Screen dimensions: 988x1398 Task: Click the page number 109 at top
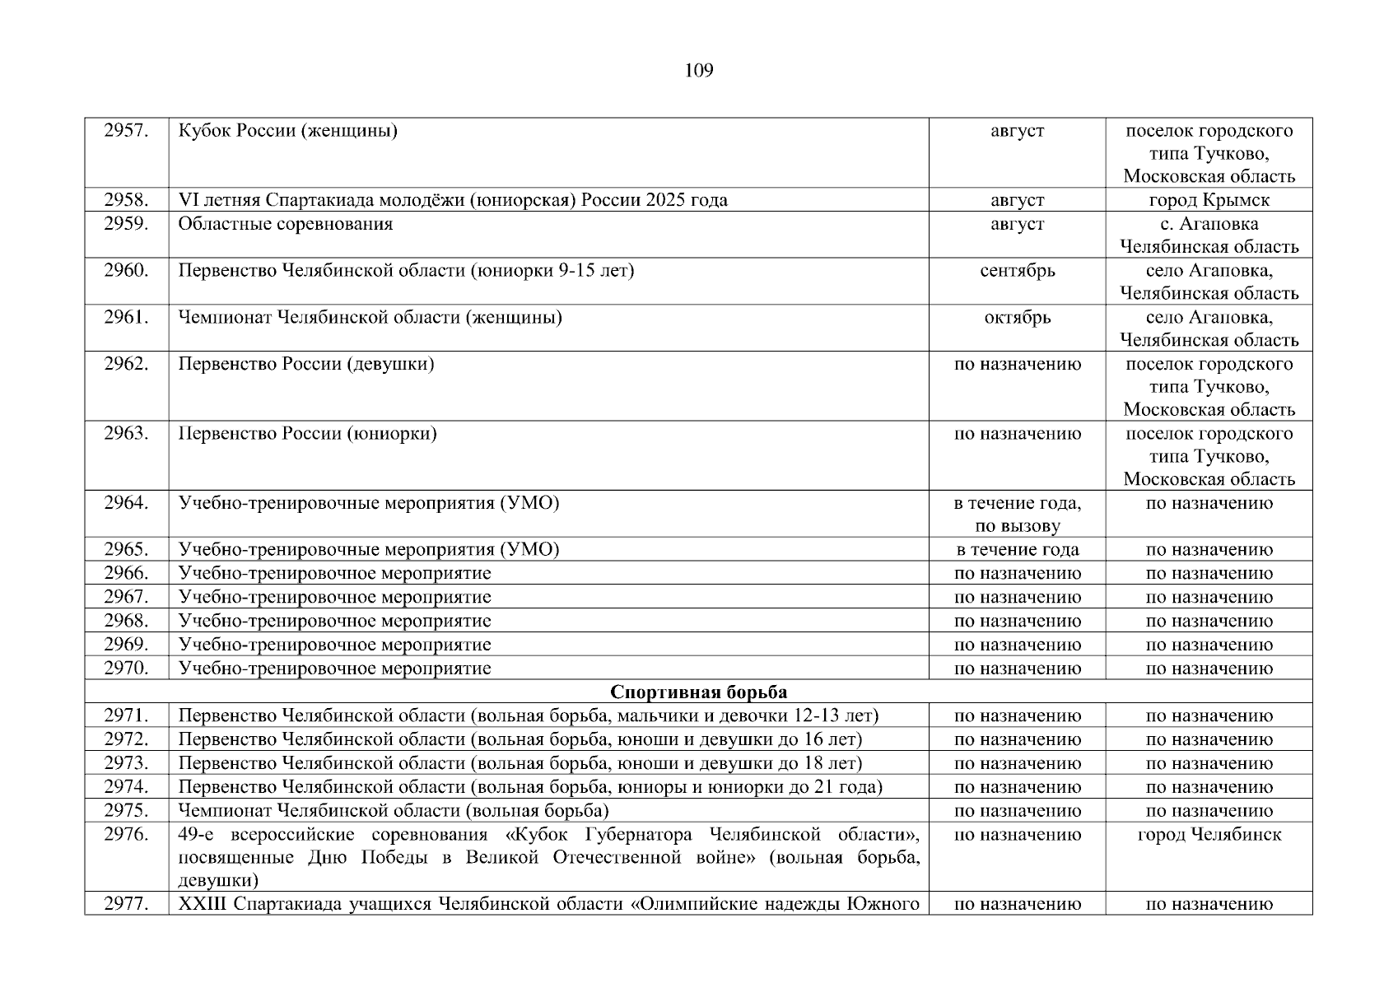698,71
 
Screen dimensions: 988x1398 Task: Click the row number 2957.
126,131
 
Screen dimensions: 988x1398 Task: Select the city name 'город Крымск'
1209,200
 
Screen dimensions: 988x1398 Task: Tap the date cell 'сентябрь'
1017,271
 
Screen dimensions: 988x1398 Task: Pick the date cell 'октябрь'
1017,318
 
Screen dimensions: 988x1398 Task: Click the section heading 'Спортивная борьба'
698,692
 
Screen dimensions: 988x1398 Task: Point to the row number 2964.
126,503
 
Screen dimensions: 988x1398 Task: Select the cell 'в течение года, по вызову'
1017,515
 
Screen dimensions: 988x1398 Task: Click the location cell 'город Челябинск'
1209,835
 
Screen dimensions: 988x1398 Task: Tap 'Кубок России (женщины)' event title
288,131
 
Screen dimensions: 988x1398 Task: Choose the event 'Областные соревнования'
286,224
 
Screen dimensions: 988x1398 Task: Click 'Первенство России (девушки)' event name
306,364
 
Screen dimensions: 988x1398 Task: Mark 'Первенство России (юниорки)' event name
307,434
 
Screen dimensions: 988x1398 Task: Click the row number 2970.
126,669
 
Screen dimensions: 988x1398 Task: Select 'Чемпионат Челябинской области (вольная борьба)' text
394,811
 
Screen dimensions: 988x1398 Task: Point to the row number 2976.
126,835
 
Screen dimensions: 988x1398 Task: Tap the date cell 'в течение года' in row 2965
1017,550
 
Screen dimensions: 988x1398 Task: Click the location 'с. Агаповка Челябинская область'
1209,235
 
